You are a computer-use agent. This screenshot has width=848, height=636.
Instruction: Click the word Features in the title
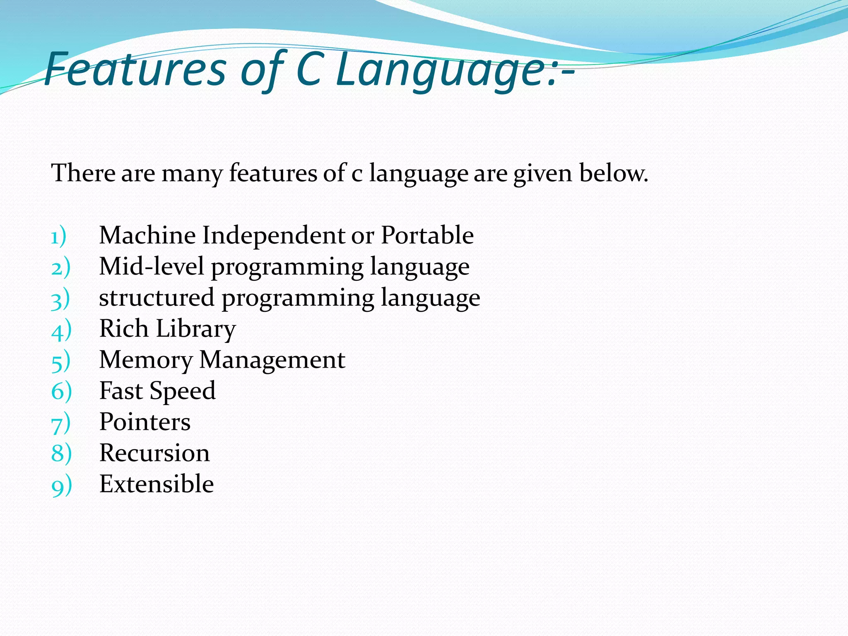point(135,70)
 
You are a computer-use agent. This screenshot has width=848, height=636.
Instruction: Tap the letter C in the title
point(309,70)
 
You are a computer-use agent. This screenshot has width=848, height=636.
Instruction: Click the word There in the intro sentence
point(83,173)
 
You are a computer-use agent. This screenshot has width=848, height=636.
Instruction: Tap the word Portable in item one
point(427,235)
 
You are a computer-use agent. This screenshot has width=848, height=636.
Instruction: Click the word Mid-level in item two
point(151,266)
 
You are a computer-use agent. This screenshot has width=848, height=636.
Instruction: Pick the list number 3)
point(60,299)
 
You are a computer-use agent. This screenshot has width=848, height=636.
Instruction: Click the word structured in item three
point(157,297)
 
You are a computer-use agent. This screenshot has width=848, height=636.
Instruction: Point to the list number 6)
point(61,391)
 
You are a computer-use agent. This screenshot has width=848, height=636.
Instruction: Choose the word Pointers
point(145,422)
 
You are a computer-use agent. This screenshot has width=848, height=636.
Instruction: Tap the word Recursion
point(154,453)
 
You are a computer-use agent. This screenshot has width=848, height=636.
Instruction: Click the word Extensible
point(157,484)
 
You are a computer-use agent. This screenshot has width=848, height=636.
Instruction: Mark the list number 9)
point(61,485)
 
